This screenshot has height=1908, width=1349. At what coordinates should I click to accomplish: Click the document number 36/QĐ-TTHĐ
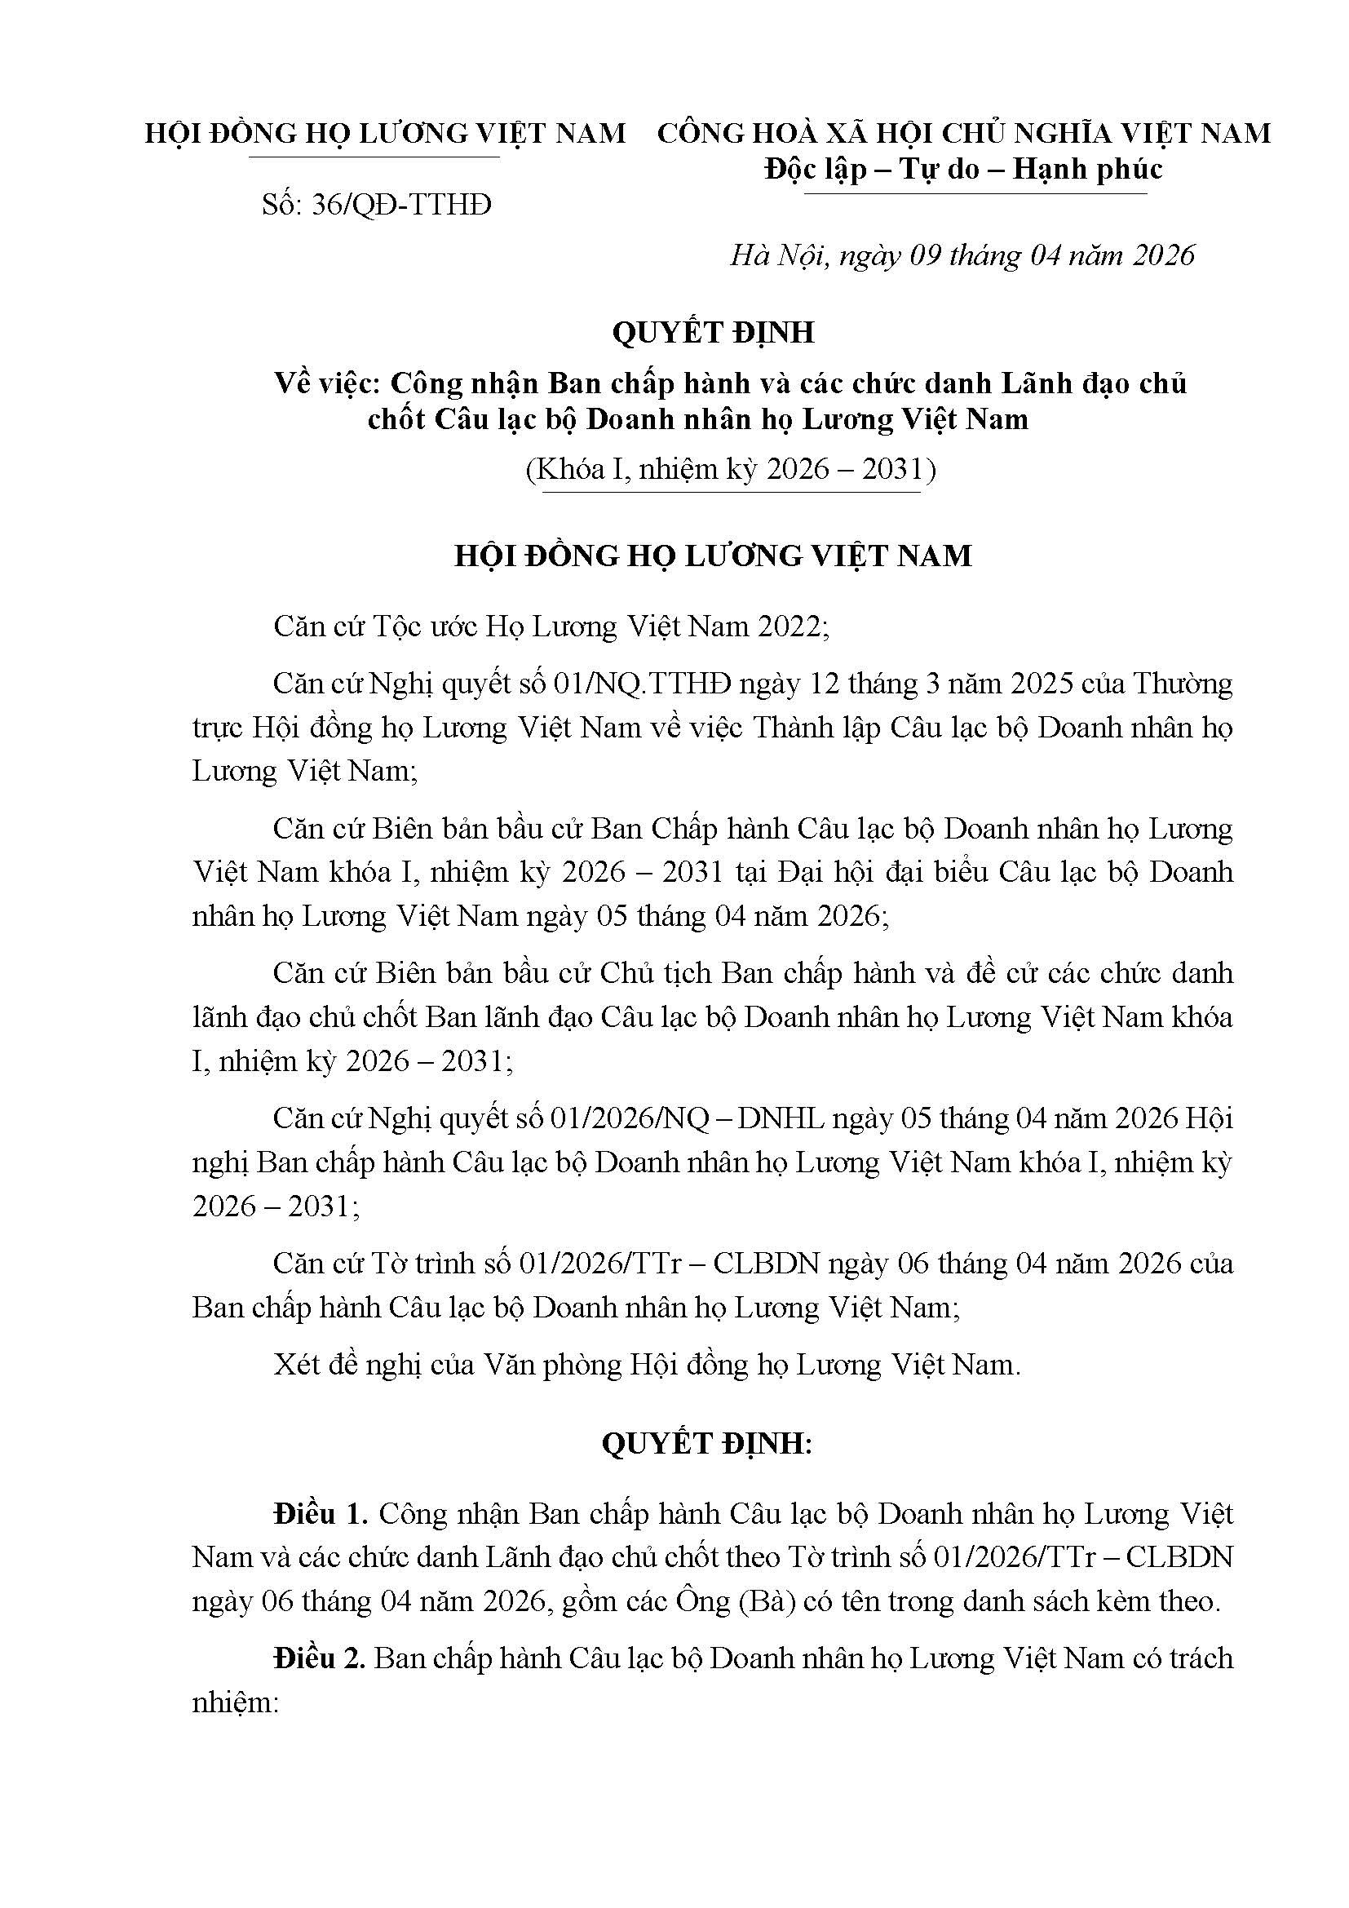coord(400,205)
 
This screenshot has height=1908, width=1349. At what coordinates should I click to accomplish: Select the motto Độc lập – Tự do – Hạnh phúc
coord(963,170)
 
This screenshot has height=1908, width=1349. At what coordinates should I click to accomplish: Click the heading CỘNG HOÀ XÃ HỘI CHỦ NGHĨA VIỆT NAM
coord(963,133)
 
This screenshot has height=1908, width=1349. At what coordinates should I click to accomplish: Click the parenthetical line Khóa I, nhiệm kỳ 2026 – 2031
coord(730,471)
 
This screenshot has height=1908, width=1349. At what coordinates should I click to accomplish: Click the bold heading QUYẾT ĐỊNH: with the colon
coord(707,1445)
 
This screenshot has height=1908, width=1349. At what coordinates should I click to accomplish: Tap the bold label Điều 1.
coord(321,1514)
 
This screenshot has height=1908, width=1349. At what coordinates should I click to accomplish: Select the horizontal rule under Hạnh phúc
coord(975,194)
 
